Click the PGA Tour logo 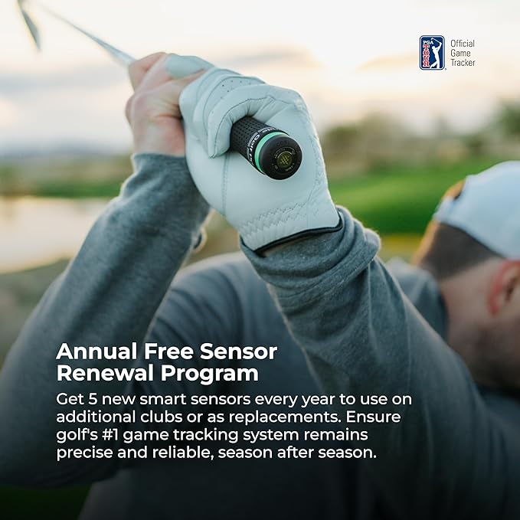point(432,52)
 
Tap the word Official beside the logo point(463,43)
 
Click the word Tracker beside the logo point(463,62)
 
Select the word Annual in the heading point(93,353)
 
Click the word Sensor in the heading point(237,353)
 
